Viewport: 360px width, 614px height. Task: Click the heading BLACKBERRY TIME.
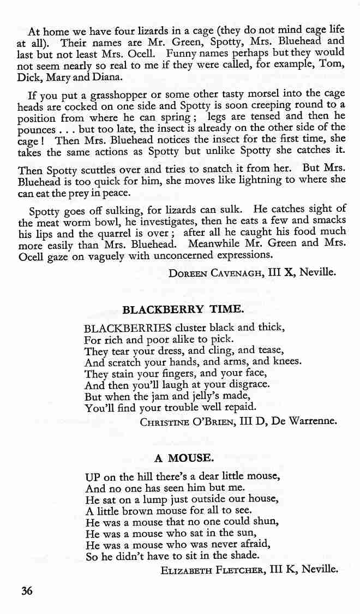pyautogui.click(x=182, y=309)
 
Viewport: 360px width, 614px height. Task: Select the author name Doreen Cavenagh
pyautogui.click(x=214, y=273)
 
